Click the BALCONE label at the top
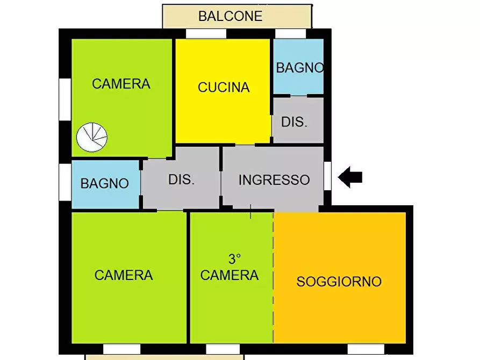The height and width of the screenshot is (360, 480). pos(230,16)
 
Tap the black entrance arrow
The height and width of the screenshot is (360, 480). pos(350,177)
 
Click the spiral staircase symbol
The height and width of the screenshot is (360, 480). pos(91,137)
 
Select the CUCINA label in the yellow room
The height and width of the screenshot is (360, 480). pos(224,87)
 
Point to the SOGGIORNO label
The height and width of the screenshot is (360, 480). pos(339,282)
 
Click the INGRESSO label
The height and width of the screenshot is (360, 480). pos(274,179)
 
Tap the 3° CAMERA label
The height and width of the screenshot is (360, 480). pos(230,268)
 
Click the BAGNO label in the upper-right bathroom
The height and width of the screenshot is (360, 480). pos(299,68)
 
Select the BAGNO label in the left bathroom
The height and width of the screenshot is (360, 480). pos(105,183)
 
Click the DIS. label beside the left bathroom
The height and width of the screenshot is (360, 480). pos(181,179)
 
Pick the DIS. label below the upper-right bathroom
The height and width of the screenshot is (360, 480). pos(294,122)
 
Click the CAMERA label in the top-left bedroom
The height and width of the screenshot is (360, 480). pos(121,84)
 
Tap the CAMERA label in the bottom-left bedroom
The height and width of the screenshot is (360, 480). pos(124,275)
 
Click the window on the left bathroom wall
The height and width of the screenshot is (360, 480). pos(65,182)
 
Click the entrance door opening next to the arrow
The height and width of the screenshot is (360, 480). pos(327,176)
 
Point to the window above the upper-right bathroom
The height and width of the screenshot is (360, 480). pos(290,33)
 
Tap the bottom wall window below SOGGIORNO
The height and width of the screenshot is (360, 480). pos(366,349)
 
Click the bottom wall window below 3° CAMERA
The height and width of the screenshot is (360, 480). pos(223,349)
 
